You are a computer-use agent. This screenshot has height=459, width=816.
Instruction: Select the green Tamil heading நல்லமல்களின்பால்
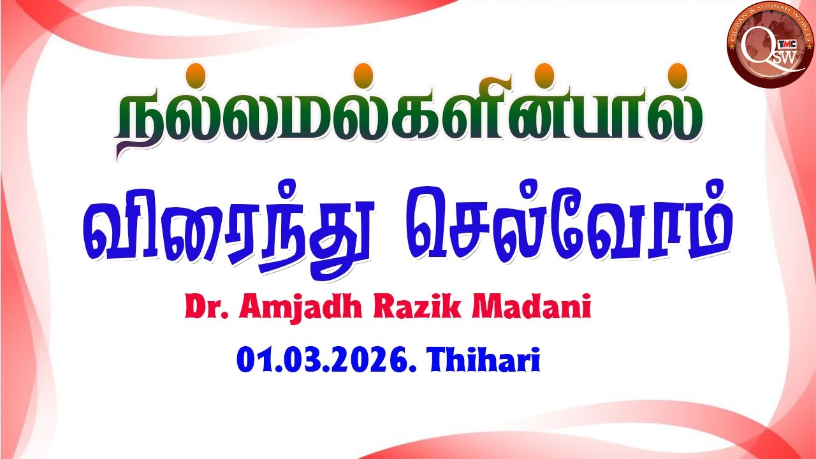coord(408,118)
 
